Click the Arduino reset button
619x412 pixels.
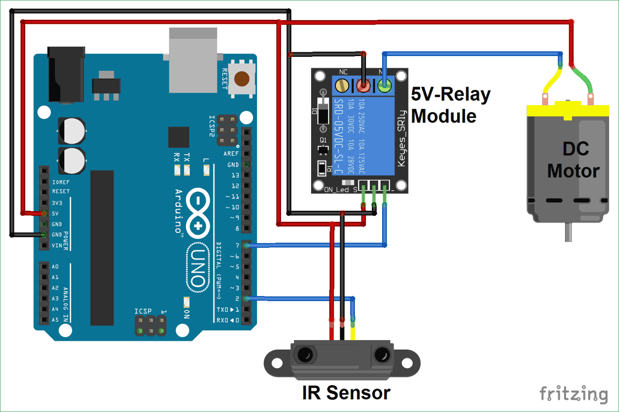(241, 78)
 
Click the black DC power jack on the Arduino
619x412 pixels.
(66, 74)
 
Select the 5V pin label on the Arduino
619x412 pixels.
(55, 214)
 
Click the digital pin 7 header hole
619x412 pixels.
(246, 245)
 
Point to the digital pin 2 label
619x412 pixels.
(237, 299)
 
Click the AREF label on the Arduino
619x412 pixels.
(231, 153)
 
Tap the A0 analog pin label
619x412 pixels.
(55, 267)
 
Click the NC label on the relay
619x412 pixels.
(343, 72)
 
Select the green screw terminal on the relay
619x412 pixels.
(385, 86)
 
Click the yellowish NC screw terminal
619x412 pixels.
(342, 86)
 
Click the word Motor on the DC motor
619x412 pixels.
(573, 171)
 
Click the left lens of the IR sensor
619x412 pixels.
(305, 355)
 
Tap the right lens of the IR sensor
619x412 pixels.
(382, 355)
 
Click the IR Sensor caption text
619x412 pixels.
(346, 393)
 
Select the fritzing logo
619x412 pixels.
(574, 394)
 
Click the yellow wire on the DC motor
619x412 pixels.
(551, 80)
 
